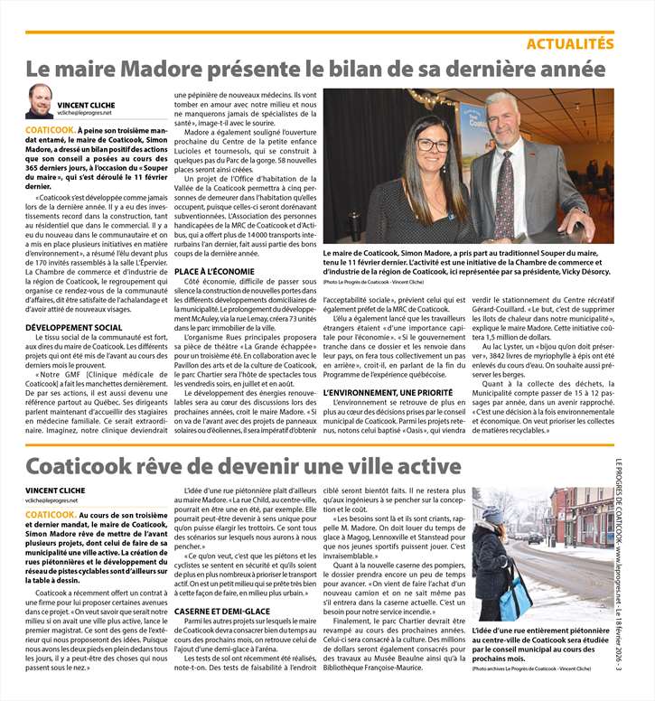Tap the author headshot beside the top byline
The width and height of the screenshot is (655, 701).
tap(40, 101)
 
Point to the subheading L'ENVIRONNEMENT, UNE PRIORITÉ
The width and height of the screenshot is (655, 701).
tap(383, 393)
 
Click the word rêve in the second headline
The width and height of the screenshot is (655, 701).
tap(162, 467)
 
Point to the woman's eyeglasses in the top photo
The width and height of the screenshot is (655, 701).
tap(432, 145)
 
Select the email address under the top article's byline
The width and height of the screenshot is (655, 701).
tap(86, 113)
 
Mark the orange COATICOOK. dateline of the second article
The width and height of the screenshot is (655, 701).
tap(51, 514)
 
